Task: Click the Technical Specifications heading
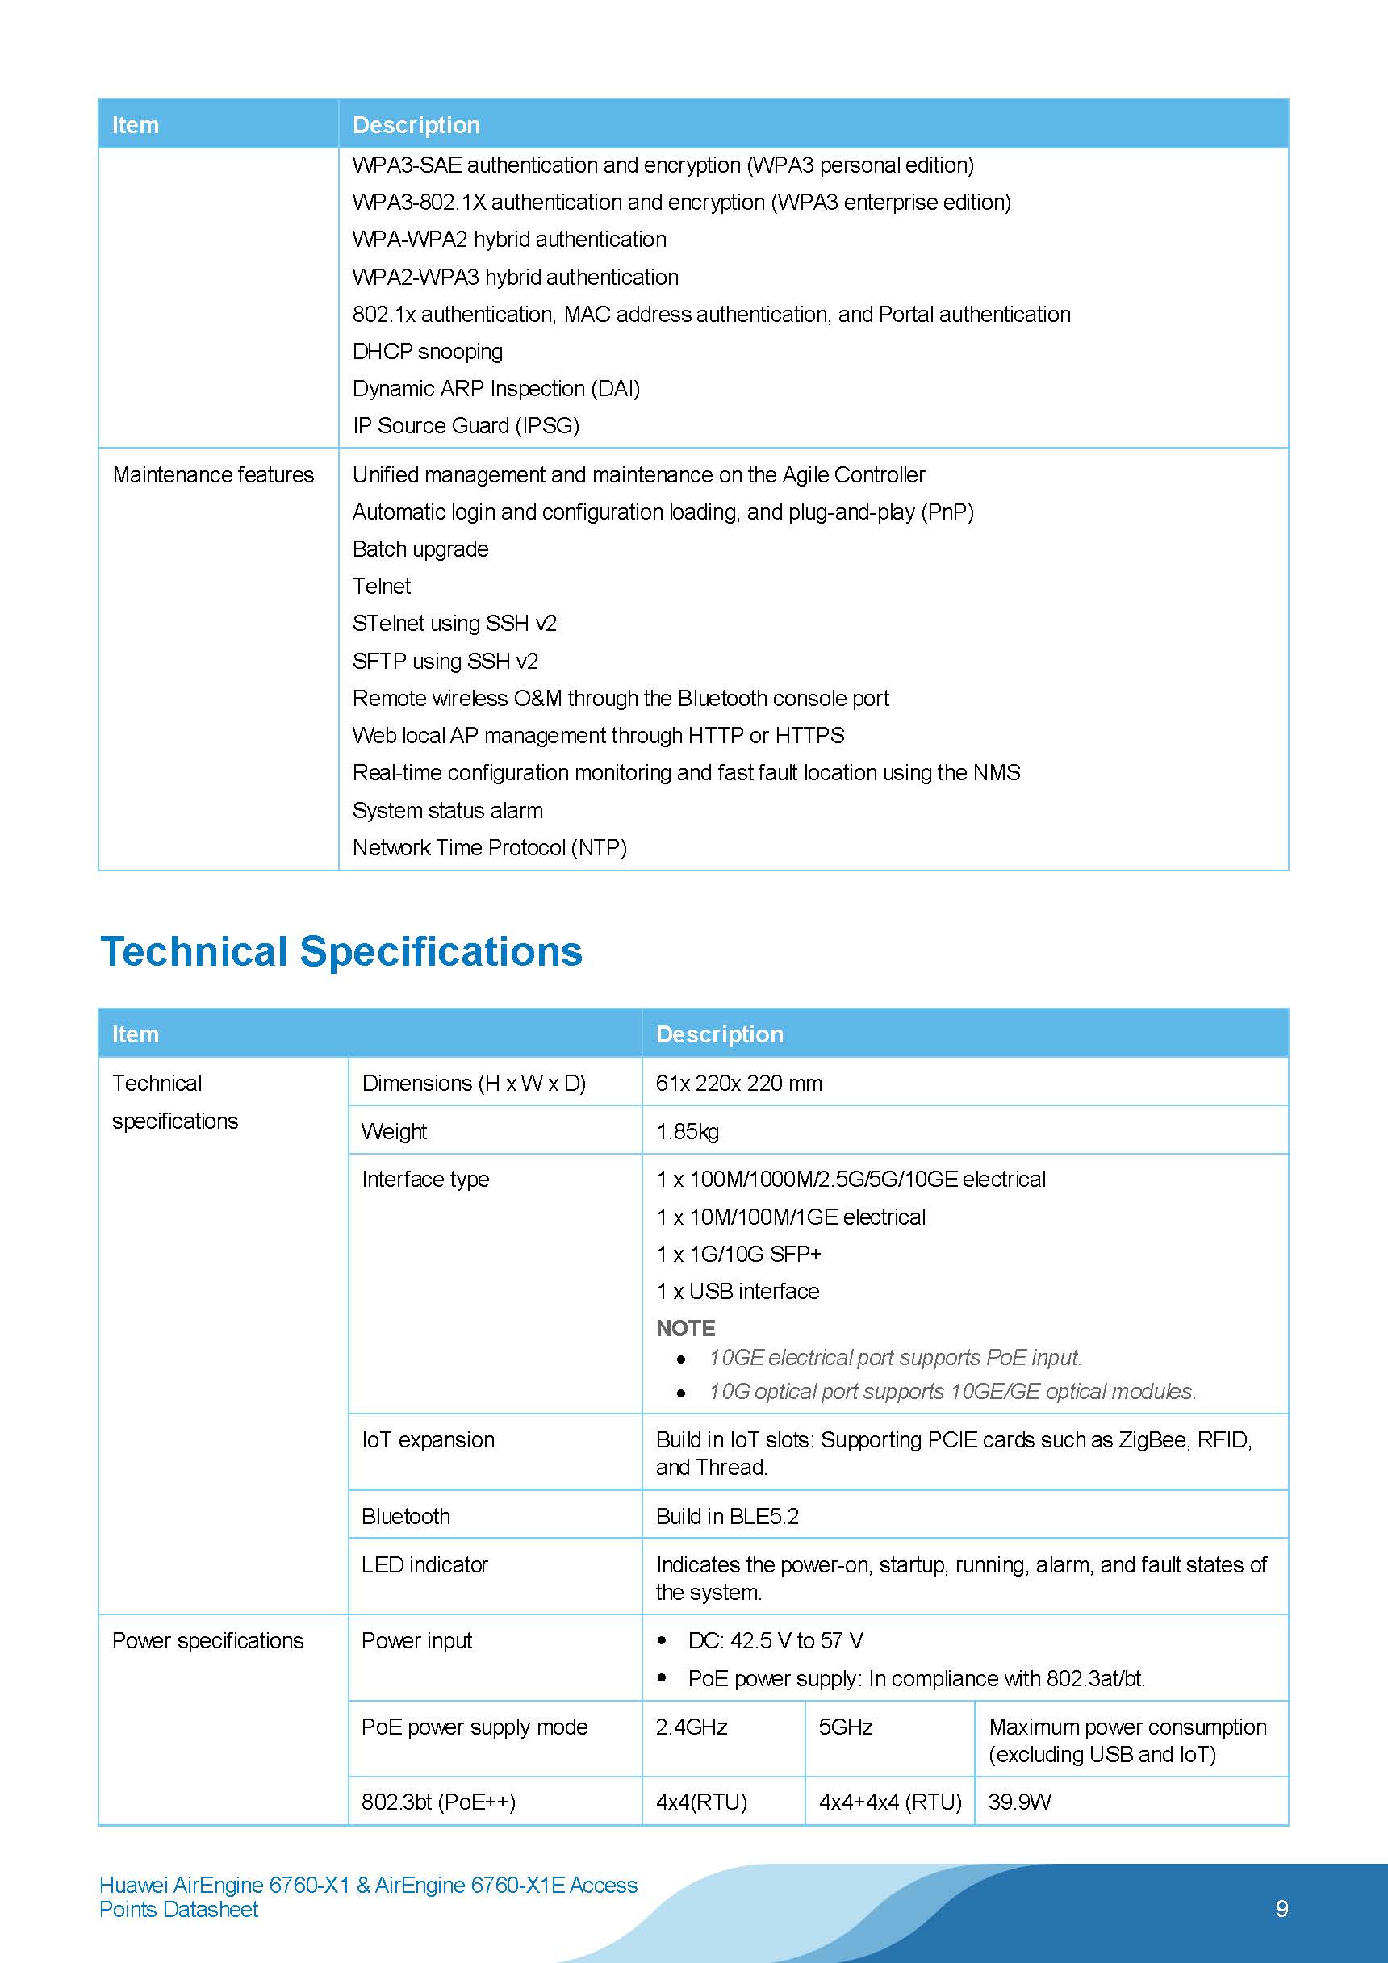pos(341,951)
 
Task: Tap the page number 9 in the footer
pos(1281,1908)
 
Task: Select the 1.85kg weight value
pos(687,1131)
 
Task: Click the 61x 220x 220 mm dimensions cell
pos(738,1084)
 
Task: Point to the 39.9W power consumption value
pos(1019,1802)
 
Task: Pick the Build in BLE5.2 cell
pos(727,1516)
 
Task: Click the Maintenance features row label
pos(213,474)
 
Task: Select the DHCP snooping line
pos(427,352)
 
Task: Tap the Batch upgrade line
pos(420,549)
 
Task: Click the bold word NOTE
pos(685,1328)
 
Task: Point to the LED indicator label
pos(424,1564)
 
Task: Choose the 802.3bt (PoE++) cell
pos(438,1802)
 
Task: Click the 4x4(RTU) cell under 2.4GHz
pos(701,1802)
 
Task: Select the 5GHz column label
pos(845,1727)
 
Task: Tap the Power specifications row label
pos(208,1641)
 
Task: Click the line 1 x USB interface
pos(738,1291)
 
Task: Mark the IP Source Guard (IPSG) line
pos(466,426)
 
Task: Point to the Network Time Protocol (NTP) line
pos(489,847)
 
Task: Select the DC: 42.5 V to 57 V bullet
pos(775,1641)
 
